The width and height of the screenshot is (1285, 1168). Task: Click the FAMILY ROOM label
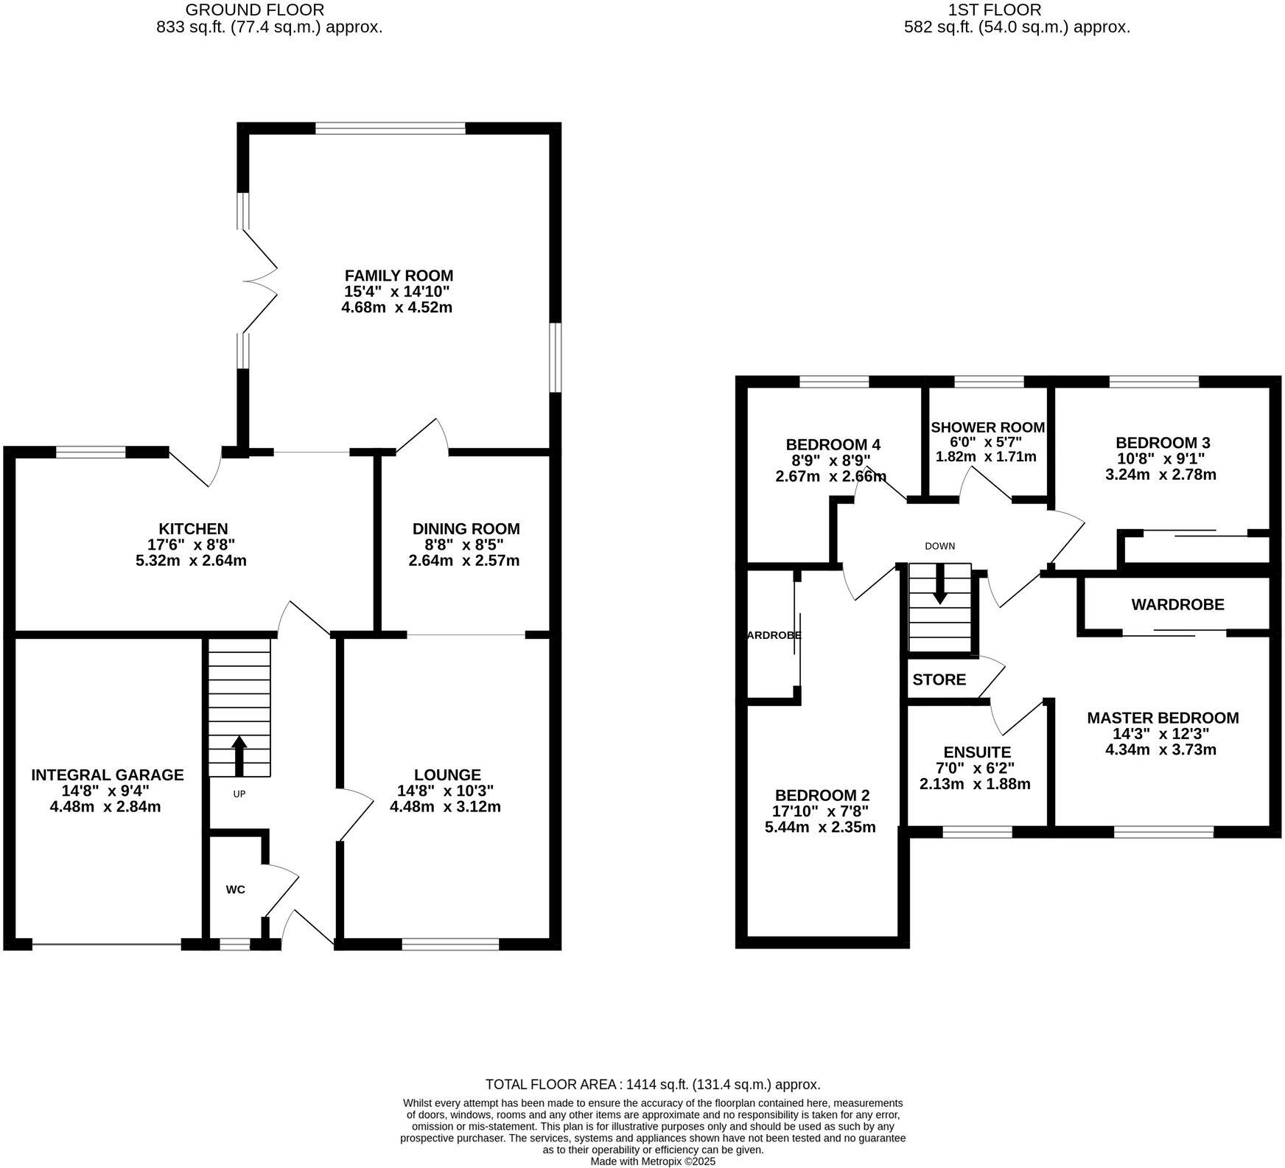(x=399, y=276)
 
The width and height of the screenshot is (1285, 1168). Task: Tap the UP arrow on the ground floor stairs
(x=239, y=755)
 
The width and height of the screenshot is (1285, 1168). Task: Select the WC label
(x=235, y=889)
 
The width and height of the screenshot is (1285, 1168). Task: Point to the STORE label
(x=939, y=679)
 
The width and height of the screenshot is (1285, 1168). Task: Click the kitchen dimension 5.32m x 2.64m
(x=191, y=560)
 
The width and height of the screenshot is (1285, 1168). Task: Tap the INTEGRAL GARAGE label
(x=108, y=774)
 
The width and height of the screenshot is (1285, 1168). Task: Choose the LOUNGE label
(x=447, y=774)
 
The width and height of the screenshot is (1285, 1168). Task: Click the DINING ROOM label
(x=466, y=528)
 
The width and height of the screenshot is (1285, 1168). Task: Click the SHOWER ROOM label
(x=987, y=427)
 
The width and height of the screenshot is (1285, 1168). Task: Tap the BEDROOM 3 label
(x=1163, y=443)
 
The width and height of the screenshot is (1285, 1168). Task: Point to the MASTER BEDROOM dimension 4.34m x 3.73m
(x=1160, y=750)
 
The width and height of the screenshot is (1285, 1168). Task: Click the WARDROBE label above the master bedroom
(x=1177, y=605)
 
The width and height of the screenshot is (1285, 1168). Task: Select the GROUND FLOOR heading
(x=254, y=10)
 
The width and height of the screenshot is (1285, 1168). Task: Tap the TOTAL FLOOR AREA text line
(x=652, y=1084)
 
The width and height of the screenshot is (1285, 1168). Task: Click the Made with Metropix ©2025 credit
(x=652, y=1161)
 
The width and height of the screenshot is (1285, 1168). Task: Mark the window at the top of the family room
(x=391, y=128)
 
